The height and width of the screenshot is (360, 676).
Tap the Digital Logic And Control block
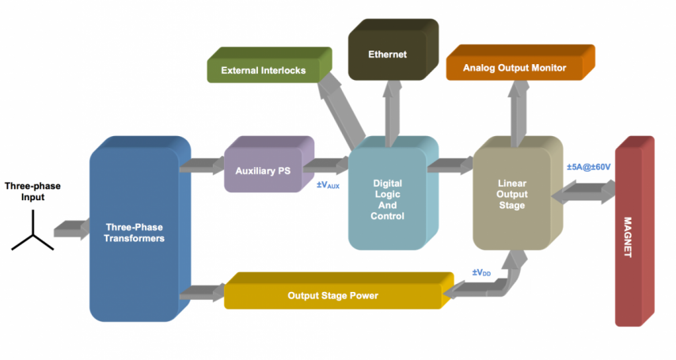tap(387, 198)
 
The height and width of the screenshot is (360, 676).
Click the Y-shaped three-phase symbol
tap(32, 235)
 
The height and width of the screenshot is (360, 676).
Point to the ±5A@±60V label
tap(587, 167)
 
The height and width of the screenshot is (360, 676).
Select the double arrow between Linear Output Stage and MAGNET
tap(588, 191)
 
